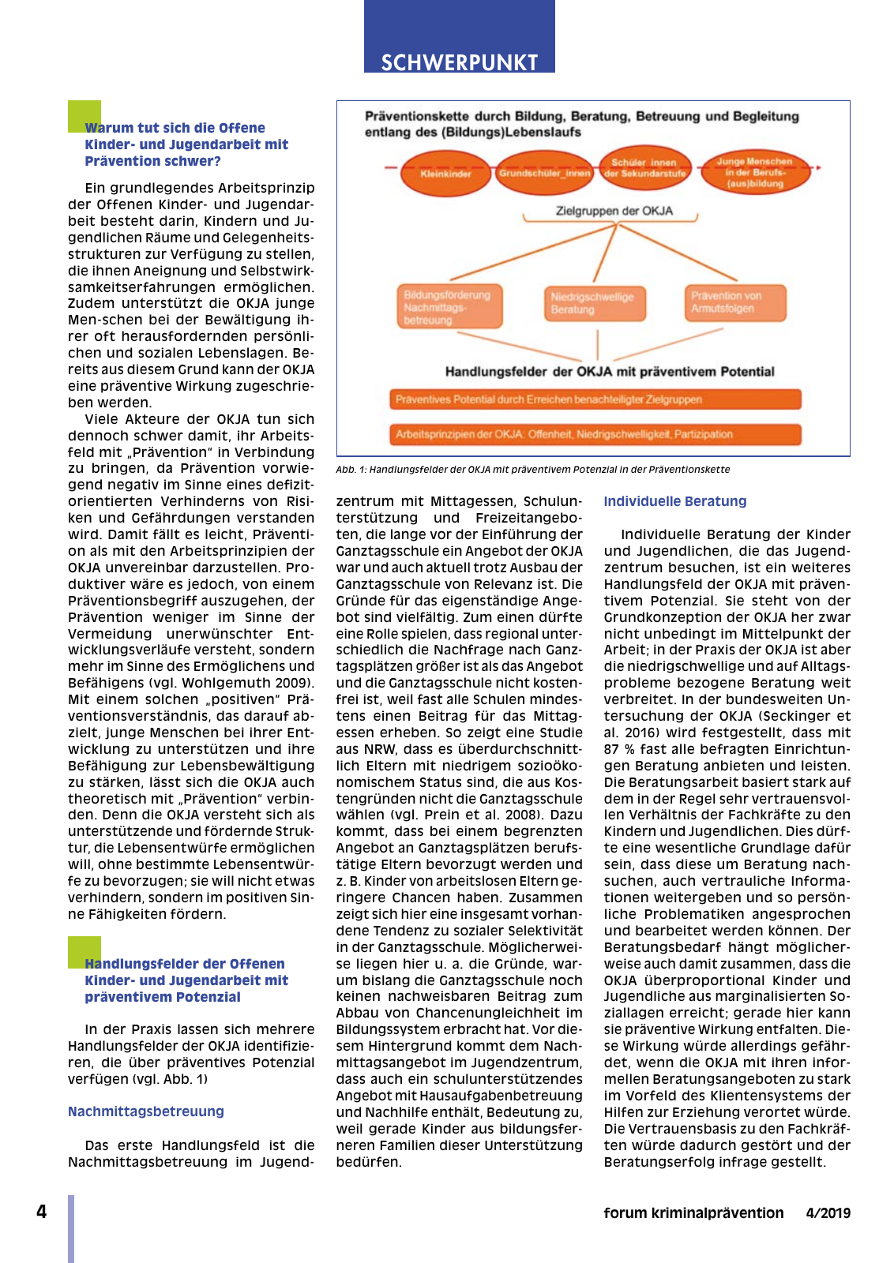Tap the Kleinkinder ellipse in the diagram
click(445, 173)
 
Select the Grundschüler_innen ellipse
click(544, 173)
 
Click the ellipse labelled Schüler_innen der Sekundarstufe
click(644, 168)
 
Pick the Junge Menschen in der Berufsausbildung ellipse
click(754, 172)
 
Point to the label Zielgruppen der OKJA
click(614, 212)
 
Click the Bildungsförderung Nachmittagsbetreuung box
click(449, 307)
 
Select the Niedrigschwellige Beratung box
click(594, 303)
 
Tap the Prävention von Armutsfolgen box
click(735, 302)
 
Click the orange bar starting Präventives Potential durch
click(595, 399)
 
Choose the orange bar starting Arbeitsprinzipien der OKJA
click(595, 434)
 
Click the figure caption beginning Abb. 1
click(532, 470)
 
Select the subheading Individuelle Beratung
click(674, 501)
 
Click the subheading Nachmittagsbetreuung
click(146, 1111)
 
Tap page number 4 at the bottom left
click(42, 1212)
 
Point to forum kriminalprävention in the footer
click(693, 1213)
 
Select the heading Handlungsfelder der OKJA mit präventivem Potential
click(609, 372)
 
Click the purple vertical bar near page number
click(71, 1228)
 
